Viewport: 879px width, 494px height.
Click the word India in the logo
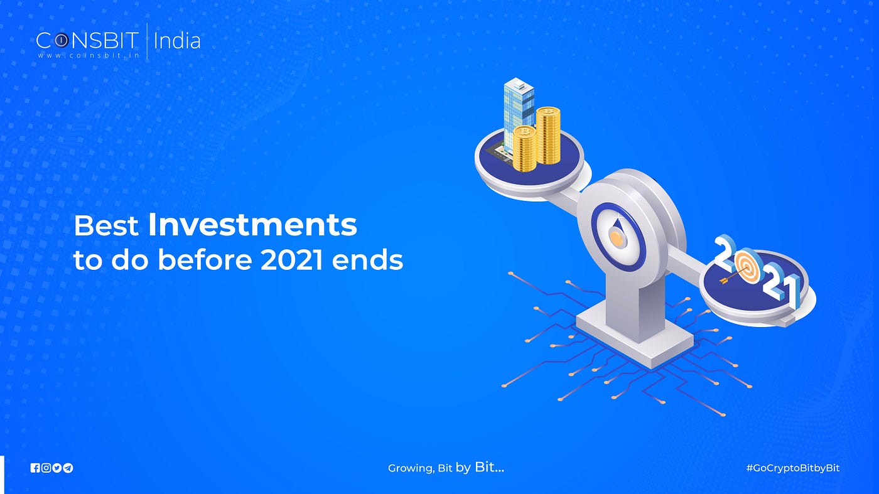[x=177, y=41]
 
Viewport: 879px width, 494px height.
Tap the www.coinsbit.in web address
[x=89, y=55]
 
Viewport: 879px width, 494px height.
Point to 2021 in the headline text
[x=292, y=260]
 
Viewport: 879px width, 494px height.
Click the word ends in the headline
[x=367, y=260]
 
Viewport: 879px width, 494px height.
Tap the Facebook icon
[x=35, y=468]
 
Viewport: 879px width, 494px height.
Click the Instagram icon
[x=46, y=468]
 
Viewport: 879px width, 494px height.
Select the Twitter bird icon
[x=57, y=468]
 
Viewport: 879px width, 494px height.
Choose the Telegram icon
[x=68, y=468]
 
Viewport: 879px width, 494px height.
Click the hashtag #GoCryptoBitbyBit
[x=792, y=468]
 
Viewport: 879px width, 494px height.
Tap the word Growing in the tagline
[x=411, y=468]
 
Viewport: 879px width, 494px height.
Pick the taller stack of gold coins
[x=548, y=136]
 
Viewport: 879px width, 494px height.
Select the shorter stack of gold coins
[x=525, y=149]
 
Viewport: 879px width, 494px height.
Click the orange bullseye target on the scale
[x=748, y=267]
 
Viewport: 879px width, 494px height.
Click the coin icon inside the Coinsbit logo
[x=60, y=40]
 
